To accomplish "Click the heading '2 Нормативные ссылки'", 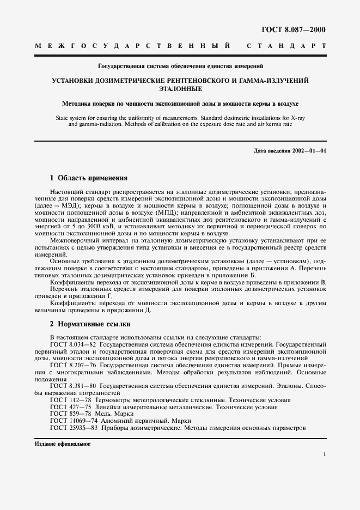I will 86,324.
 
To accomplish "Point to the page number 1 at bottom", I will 325,454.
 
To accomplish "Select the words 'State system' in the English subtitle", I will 71,117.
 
